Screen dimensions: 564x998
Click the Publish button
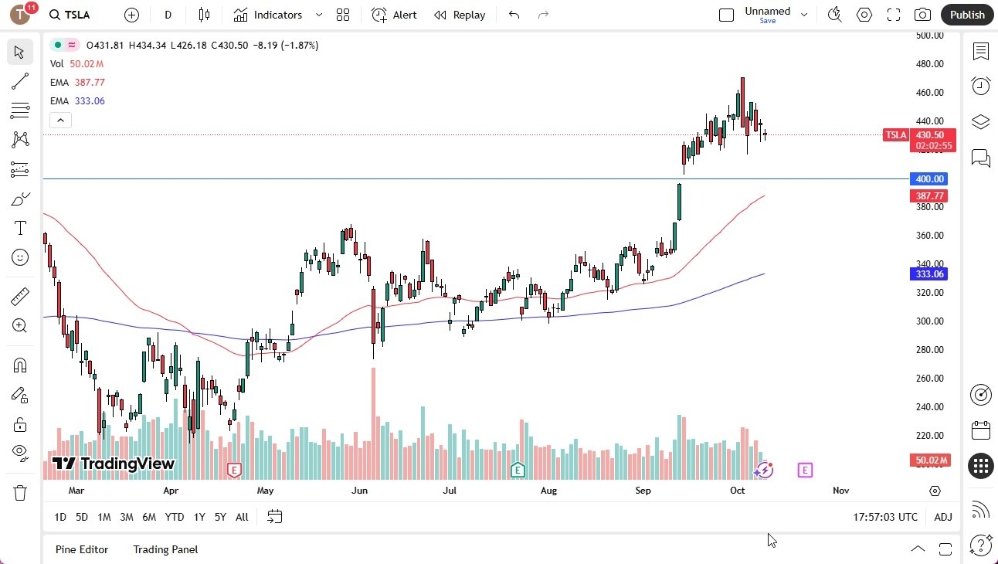pyautogui.click(x=967, y=15)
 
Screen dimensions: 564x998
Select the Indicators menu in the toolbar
pyautogui.click(x=277, y=15)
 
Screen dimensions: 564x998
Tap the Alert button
pyautogui.click(x=394, y=15)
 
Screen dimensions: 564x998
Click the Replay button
pyautogui.click(x=460, y=15)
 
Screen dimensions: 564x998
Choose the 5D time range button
pyautogui.click(x=82, y=517)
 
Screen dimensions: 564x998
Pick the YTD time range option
pyautogui.click(x=175, y=517)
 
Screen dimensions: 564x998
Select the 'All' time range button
pyautogui.click(x=242, y=517)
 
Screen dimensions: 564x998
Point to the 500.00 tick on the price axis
pyautogui.click(x=929, y=36)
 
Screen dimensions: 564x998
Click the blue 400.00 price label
pyautogui.click(x=929, y=179)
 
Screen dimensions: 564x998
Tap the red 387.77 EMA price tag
pyautogui.click(x=929, y=196)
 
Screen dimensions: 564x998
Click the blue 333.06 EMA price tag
pyautogui.click(x=929, y=274)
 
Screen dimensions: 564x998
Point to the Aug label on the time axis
pyautogui.click(x=548, y=491)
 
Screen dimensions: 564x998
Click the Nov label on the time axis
pyautogui.click(x=841, y=491)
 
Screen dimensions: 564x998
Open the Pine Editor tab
pyautogui.click(x=82, y=549)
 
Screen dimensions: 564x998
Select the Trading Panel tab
pyautogui.click(x=165, y=549)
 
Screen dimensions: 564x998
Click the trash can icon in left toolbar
pyautogui.click(x=20, y=493)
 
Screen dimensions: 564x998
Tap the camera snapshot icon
pyautogui.click(x=922, y=15)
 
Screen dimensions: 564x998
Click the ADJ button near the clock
pyautogui.click(x=943, y=517)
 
